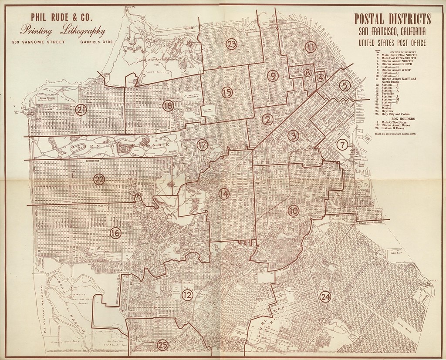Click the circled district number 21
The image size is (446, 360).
click(81, 110)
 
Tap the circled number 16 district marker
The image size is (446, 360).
click(115, 233)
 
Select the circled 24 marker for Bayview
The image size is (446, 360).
click(325, 297)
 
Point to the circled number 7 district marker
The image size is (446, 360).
click(343, 145)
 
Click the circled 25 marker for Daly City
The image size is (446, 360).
click(162, 344)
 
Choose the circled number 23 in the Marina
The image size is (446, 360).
click(231, 44)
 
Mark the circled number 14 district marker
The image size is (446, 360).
click(224, 194)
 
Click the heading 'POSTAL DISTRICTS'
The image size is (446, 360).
click(392, 19)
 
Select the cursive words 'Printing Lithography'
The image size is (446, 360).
click(63, 31)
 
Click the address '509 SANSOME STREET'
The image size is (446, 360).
click(39, 42)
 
